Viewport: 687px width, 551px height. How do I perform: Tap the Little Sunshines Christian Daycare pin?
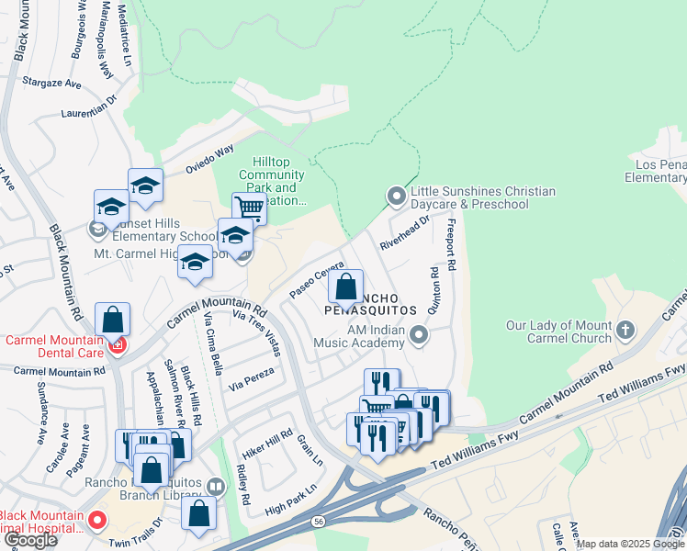click(396, 196)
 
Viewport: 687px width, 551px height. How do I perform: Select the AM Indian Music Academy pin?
click(420, 335)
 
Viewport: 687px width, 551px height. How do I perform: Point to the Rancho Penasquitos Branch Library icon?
click(216, 486)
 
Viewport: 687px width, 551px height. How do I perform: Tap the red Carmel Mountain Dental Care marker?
click(117, 345)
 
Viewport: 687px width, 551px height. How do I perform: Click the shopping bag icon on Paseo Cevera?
click(345, 287)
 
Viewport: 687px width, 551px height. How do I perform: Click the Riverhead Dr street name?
click(404, 233)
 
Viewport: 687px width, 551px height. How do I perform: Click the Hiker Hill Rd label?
click(267, 446)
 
